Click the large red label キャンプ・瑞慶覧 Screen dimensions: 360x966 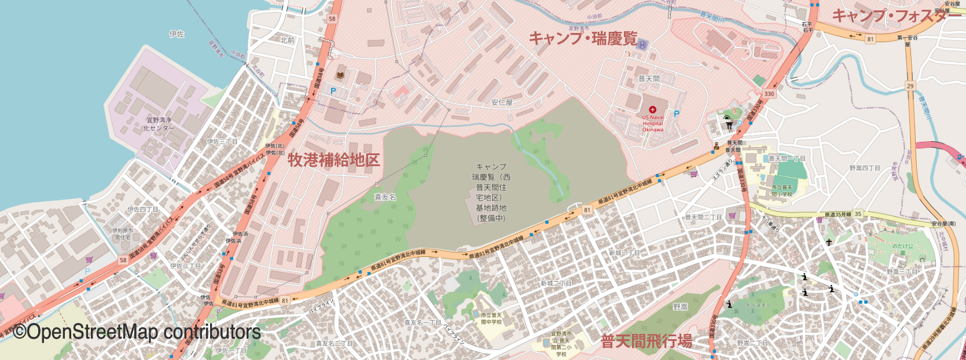[x=583, y=38]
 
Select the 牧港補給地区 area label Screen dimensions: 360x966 [x=334, y=160]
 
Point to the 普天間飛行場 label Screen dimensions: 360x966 [x=646, y=341]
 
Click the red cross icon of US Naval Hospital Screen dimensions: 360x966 [x=653, y=109]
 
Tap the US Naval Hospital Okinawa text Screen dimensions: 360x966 [x=653, y=123]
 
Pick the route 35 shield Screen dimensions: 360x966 [x=858, y=214]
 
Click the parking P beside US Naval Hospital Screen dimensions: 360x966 [x=676, y=114]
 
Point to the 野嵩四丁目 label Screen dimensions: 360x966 [x=865, y=168]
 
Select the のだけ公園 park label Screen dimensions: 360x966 [x=902, y=250]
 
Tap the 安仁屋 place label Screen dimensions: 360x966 [x=502, y=102]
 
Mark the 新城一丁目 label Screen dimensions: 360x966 [x=624, y=253]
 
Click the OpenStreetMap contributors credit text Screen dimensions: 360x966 [x=137, y=332]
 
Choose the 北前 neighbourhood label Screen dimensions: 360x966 [x=287, y=41]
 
